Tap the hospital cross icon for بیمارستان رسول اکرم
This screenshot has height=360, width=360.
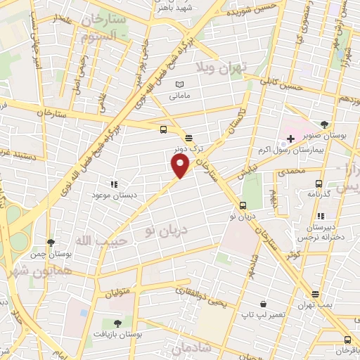tap(290, 139)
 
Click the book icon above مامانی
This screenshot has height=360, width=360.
tap(179, 84)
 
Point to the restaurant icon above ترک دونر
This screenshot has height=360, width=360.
tap(188, 138)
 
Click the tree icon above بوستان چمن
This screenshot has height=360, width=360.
tap(50, 243)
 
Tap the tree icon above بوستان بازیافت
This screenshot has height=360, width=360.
tap(117, 323)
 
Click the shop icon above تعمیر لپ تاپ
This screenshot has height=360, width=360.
tap(263, 304)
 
